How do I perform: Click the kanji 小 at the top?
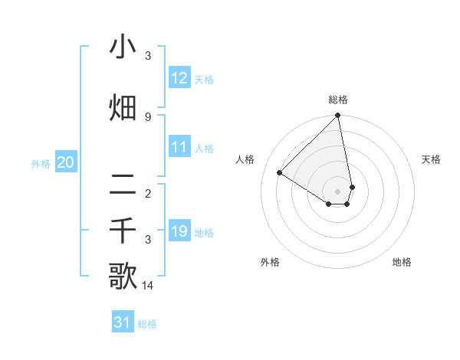[123, 47]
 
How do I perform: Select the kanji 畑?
[123, 108]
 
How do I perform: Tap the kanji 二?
[123, 184]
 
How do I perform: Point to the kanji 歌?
[123, 277]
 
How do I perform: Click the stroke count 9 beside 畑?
[148, 116]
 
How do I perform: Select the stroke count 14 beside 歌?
[148, 286]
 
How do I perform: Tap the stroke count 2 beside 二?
[148, 193]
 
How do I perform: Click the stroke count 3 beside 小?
[148, 56]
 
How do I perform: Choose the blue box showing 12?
[179, 78]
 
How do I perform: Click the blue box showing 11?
[179, 147]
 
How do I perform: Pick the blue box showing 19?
[179, 231]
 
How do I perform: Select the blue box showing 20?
[66, 162]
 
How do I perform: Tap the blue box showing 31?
[123, 322]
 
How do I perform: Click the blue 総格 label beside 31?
[147, 324]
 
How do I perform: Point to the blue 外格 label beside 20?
[41, 163]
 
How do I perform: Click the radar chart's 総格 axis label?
[338, 100]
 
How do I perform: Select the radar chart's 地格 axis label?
[402, 262]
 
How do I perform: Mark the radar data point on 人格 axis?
[280, 172]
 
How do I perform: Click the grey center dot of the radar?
[338, 191]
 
